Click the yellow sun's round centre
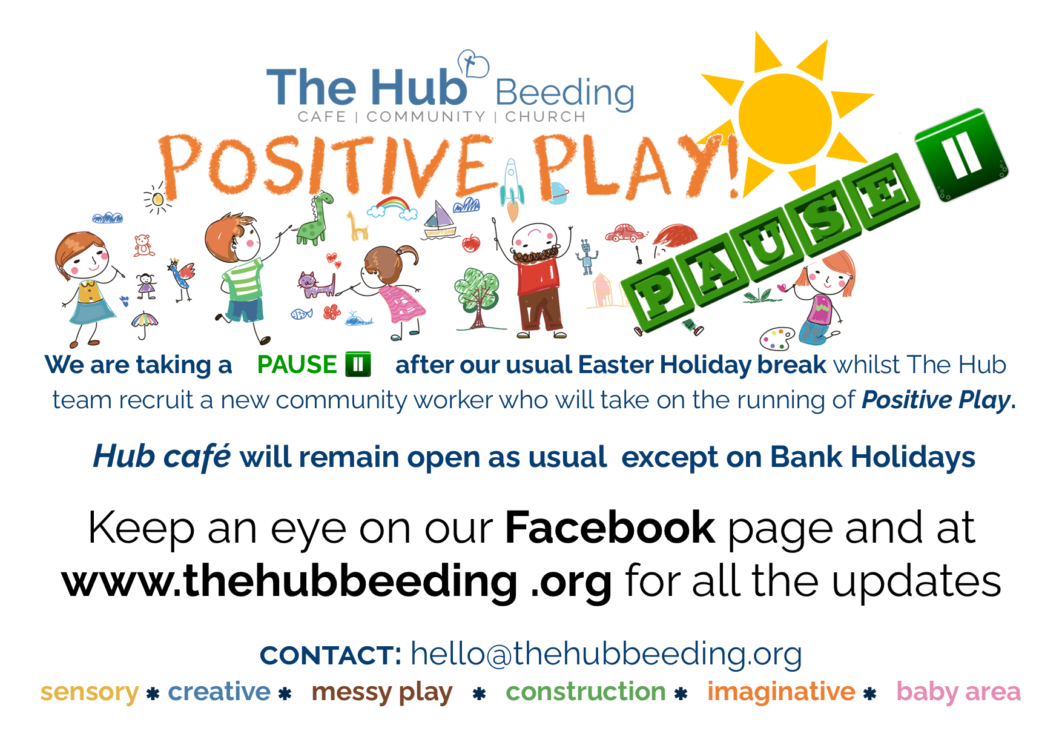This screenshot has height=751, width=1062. [x=785, y=119]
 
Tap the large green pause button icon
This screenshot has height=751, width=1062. [x=961, y=155]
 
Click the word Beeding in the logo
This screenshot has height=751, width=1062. [x=565, y=93]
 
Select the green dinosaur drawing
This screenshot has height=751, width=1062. [x=315, y=218]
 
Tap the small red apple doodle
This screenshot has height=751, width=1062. [x=471, y=243]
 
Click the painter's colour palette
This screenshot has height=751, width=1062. [x=777, y=339]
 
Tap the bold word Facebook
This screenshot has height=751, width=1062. [x=610, y=528]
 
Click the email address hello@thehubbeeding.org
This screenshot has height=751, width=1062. [x=606, y=654]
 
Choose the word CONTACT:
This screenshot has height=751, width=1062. [x=331, y=655]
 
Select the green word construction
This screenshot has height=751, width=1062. [x=585, y=691]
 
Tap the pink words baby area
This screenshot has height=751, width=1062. [x=958, y=692]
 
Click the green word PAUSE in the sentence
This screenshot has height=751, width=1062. [x=297, y=365]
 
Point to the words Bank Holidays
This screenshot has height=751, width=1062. [x=872, y=457]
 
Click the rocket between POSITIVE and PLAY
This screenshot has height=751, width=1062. [x=512, y=188]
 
